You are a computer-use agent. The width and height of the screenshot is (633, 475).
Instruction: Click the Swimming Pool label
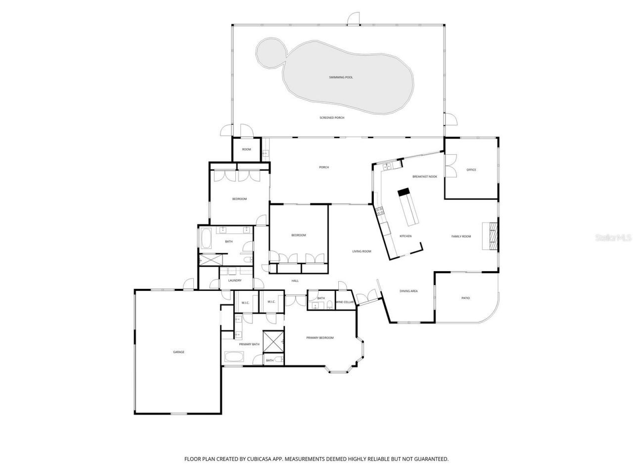(341, 77)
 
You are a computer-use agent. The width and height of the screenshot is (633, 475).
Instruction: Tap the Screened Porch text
(332, 118)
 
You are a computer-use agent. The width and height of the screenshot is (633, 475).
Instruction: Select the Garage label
(179, 352)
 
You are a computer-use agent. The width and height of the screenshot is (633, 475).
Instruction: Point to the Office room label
(471, 170)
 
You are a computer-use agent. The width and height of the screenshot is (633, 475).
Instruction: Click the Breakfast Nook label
(425, 177)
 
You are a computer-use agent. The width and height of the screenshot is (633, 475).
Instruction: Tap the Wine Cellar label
(345, 302)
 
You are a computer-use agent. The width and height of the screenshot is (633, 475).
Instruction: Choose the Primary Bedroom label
(320, 338)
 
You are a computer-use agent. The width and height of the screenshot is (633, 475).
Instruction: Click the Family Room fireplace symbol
(493, 237)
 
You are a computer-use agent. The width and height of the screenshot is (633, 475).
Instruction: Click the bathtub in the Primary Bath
(233, 357)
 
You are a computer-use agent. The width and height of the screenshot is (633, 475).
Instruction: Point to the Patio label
(465, 298)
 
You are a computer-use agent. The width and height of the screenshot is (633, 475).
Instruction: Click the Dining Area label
(408, 291)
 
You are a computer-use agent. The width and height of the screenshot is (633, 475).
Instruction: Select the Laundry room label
(234, 281)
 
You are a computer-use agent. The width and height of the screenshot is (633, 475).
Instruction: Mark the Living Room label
(362, 251)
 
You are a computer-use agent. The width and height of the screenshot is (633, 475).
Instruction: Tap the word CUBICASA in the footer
(264, 459)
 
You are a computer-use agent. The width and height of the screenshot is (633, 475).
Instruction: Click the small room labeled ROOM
(246, 149)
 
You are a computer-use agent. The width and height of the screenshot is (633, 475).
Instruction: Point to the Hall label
(295, 281)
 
